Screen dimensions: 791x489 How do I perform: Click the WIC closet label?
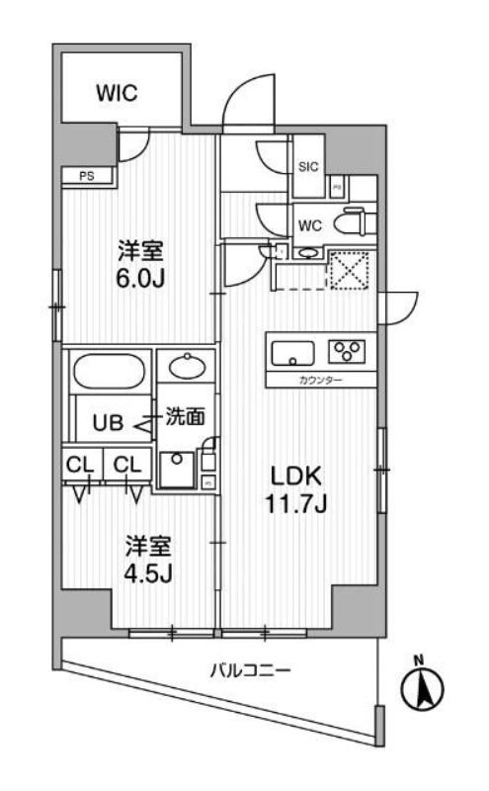(117, 94)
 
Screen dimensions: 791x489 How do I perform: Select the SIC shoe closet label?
(308, 167)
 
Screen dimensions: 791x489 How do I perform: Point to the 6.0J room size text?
(137, 278)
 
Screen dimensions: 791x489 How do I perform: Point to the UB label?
(109, 425)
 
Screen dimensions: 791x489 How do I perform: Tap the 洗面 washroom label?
(185, 418)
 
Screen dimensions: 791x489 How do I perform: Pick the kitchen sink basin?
(291, 351)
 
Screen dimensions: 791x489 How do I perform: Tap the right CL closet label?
(125, 464)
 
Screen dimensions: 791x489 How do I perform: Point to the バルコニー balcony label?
(250, 670)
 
